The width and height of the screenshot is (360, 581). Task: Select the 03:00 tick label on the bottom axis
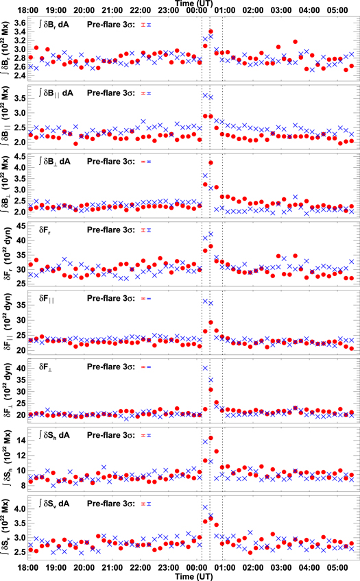pos(280,568)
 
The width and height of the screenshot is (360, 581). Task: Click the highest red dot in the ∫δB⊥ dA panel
pos(211,162)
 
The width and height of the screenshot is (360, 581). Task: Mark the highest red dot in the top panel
pos(211,32)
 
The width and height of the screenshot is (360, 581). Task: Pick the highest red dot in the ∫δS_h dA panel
pos(211,438)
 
